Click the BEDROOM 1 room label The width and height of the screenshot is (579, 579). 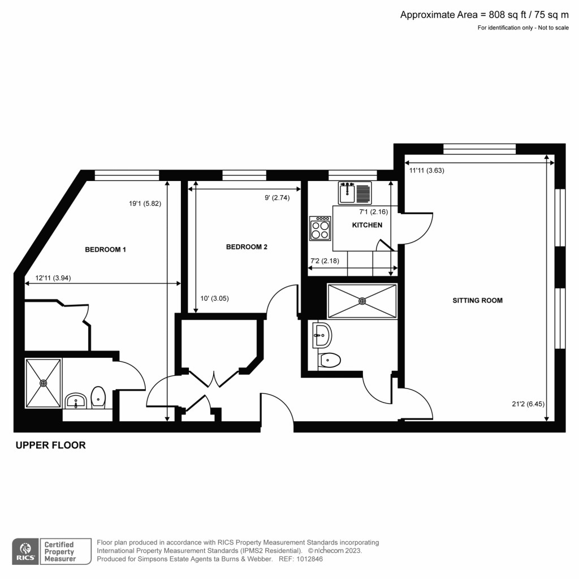pos(105,249)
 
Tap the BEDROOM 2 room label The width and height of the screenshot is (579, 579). pos(247,247)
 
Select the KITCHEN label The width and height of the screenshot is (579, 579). pos(367,225)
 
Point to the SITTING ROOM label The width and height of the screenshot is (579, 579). pos(477,300)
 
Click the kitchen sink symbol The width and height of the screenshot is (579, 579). pos(355,193)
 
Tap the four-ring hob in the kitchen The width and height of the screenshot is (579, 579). pos(320,229)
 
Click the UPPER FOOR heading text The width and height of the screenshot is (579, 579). pos(50,446)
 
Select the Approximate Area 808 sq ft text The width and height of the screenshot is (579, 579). pos(484,15)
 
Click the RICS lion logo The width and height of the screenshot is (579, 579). pos(25,551)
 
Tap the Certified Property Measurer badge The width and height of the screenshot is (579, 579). pos(65,551)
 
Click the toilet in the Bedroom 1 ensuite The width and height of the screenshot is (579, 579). pos(98,397)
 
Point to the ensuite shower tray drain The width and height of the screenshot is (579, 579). pos(44,383)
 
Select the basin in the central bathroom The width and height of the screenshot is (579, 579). pos(322,336)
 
